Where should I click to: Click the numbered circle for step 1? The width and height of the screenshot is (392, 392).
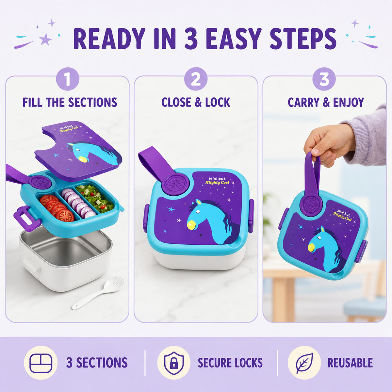pyautogui.click(x=68, y=79)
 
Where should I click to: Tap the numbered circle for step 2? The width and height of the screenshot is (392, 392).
pyautogui.click(x=196, y=79)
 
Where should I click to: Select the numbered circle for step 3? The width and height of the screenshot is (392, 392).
pyautogui.click(x=324, y=79)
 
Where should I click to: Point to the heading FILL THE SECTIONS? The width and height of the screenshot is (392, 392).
pyautogui.click(x=70, y=102)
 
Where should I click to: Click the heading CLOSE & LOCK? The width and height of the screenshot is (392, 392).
pyautogui.click(x=196, y=102)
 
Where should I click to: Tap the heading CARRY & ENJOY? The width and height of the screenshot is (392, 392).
pyautogui.click(x=326, y=102)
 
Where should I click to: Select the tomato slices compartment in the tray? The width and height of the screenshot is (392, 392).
pyautogui.click(x=56, y=208)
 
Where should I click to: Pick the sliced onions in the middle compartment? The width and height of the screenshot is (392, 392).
pyautogui.click(x=78, y=203)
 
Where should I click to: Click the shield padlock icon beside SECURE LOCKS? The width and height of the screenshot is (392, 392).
pyautogui.click(x=174, y=363)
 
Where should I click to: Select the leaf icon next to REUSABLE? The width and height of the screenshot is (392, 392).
pyautogui.click(x=304, y=363)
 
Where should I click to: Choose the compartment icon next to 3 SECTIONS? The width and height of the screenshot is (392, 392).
pyautogui.click(x=41, y=363)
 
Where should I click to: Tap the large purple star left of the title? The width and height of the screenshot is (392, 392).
pyautogui.click(x=45, y=39)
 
